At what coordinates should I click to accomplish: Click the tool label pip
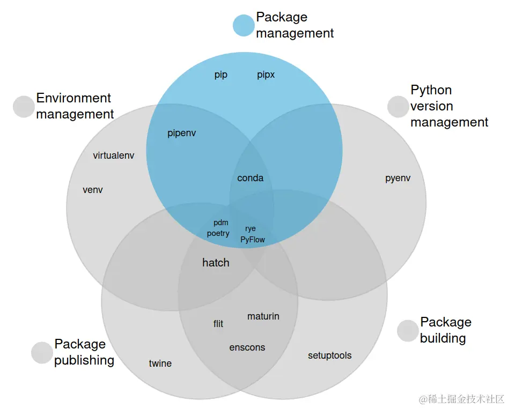tap(221, 75)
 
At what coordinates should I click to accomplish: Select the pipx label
tap(266, 75)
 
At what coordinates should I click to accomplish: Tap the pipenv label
tap(182, 133)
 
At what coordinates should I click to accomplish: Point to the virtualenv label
tap(114, 155)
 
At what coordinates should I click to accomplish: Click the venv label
tap(93, 190)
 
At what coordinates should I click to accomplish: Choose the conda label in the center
tap(251, 178)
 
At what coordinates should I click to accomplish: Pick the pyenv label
tap(397, 178)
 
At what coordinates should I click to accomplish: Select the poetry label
tap(218, 233)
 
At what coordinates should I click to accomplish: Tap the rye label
tap(251, 228)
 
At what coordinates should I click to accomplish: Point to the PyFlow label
tap(253, 240)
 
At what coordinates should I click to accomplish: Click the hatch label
tap(216, 263)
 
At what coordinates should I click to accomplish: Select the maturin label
tap(263, 316)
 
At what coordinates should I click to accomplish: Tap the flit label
tap(218, 324)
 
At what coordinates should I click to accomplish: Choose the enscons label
tap(247, 347)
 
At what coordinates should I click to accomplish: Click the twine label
tap(160, 364)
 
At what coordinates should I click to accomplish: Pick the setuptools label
tap(330, 355)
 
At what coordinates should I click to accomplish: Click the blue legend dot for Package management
tap(244, 25)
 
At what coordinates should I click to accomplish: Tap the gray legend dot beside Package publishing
tap(42, 352)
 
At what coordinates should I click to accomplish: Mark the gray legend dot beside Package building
tap(408, 330)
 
